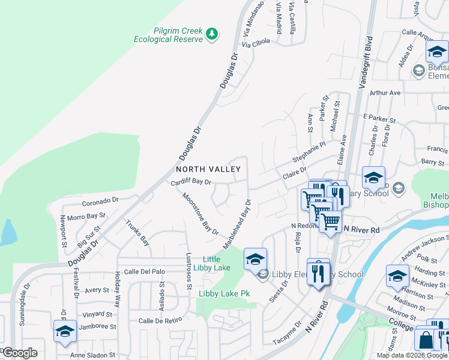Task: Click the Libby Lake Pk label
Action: pyautogui.click(x=224, y=293)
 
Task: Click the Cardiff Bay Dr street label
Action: pyautogui.click(x=191, y=182)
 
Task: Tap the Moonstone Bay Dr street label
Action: pyautogui.click(x=200, y=213)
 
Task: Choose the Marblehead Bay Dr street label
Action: pyautogui.click(x=237, y=223)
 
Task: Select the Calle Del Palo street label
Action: pyautogui.click(x=143, y=271)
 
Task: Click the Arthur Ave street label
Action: pyautogui.click(x=385, y=93)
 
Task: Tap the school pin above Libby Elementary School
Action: pyautogui.click(x=255, y=259)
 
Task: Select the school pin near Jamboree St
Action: pyautogui.click(x=65, y=331)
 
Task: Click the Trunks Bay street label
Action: pyautogui.click(x=137, y=233)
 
